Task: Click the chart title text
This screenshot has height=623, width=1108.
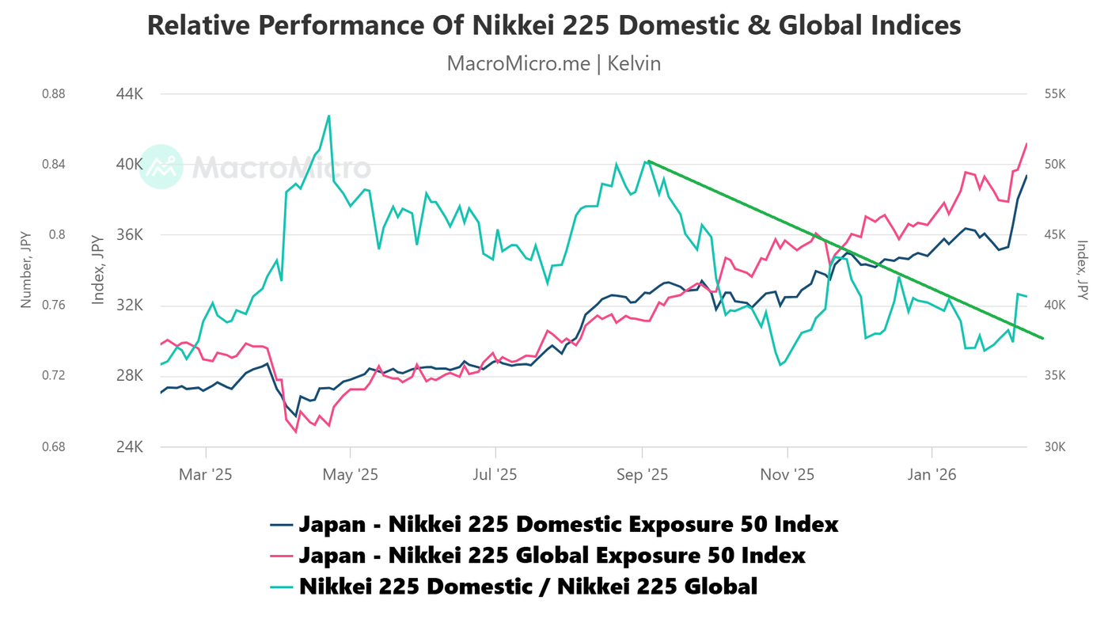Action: pos(554,25)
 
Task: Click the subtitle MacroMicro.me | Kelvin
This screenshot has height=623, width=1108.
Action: pos(554,63)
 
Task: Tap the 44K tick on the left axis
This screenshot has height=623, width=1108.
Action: pos(129,94)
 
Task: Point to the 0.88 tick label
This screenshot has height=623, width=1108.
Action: pos(53,94)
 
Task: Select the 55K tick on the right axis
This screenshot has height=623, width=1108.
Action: pos(1056,94)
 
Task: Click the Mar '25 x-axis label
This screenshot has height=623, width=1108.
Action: pos(205,475)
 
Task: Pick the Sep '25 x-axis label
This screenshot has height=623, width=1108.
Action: pos(642,475)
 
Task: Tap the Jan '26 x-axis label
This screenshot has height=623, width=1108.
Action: pos(932,475)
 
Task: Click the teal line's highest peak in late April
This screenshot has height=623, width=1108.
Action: pos(328,116)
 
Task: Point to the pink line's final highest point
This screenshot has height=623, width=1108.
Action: pos(1026,144)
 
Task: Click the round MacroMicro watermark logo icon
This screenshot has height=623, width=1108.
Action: pos(161,167)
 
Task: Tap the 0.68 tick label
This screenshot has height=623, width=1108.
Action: pos(53,446)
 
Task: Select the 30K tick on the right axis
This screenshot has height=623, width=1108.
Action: pos(1056,446)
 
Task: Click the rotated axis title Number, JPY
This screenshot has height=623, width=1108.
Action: pos(25,270)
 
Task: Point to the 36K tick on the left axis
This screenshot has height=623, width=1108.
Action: pos(129,235)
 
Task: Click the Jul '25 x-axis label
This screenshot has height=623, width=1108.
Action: pos(495,475)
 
